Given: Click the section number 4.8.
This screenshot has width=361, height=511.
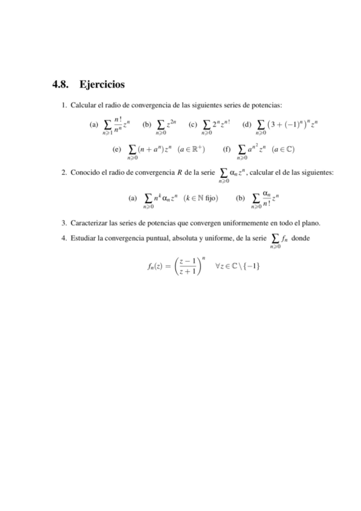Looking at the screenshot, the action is coord(63,84).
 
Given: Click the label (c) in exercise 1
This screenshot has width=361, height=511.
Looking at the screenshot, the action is coord(193,125).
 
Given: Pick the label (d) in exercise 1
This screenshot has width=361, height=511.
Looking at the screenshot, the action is coord(246,125).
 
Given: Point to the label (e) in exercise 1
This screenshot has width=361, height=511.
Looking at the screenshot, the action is coord(117,148).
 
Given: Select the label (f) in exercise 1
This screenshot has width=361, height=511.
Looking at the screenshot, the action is coord(227,148).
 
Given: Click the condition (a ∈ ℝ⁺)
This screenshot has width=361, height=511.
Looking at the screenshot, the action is coord(191,148).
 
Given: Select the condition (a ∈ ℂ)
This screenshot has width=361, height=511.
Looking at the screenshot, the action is coord(283,148).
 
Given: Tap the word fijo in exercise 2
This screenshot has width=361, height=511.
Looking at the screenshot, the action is coord(212,197).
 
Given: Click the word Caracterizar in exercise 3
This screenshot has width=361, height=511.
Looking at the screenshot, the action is coord(90,222).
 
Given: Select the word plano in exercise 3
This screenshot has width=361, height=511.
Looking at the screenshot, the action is coord(312,222).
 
